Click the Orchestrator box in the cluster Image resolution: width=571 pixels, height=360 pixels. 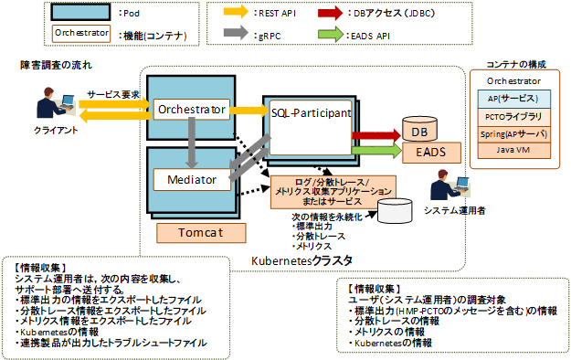tap(191, 110)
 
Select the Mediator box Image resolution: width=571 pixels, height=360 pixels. tap(191, 180)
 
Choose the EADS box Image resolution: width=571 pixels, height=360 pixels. tap(424, 152)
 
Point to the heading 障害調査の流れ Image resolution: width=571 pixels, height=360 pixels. tap(56, 67)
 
